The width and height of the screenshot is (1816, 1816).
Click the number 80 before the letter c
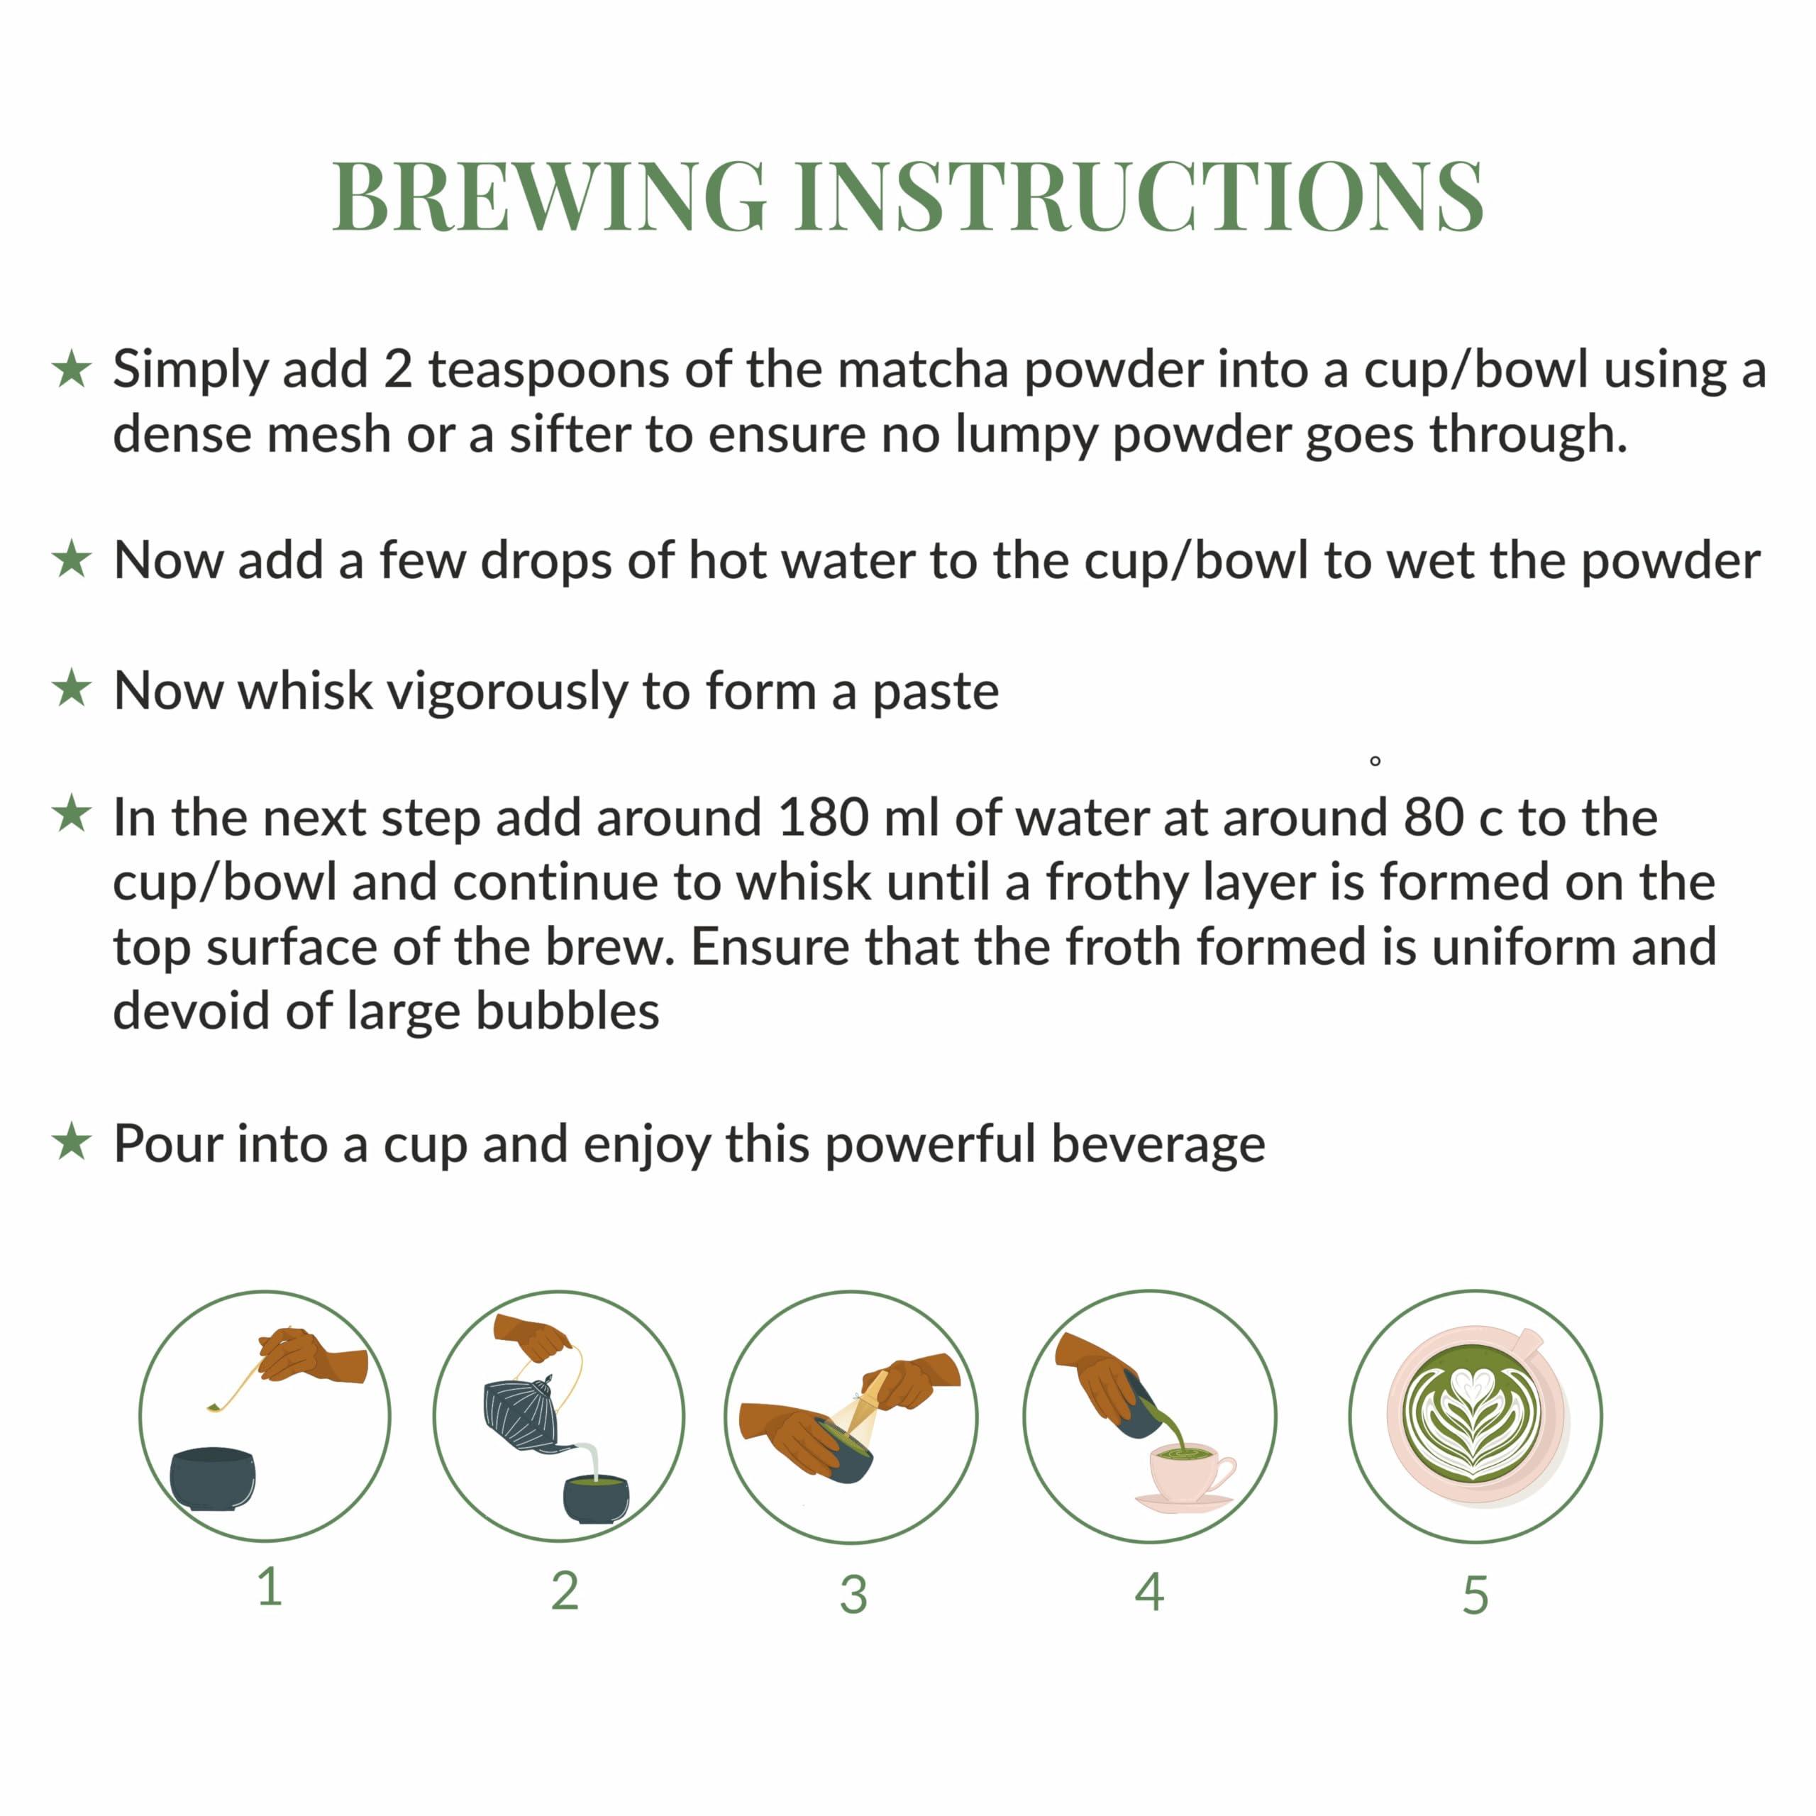point(1434,818)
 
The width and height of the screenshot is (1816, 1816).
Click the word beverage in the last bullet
point(1157,1144)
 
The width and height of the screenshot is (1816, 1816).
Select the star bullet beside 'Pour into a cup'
point(72,1143)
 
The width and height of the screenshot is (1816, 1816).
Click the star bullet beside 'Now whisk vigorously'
point(72,689)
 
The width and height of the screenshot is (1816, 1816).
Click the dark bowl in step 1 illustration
point(212,1478)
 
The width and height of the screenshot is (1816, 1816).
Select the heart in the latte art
point(1472,1383)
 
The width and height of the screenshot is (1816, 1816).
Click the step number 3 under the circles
point(853,1595)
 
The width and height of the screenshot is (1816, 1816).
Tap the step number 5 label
point(1475,1595)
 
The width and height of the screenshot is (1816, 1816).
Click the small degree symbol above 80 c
point(1375,761)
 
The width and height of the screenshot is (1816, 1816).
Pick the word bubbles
point(567,1012)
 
